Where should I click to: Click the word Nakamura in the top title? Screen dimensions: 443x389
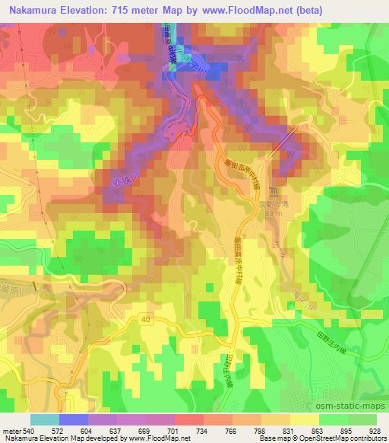coord(32,10)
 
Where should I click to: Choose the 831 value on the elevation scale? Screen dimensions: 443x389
coord(276,430)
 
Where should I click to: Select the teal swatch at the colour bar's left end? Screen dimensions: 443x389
coord(44,419)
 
